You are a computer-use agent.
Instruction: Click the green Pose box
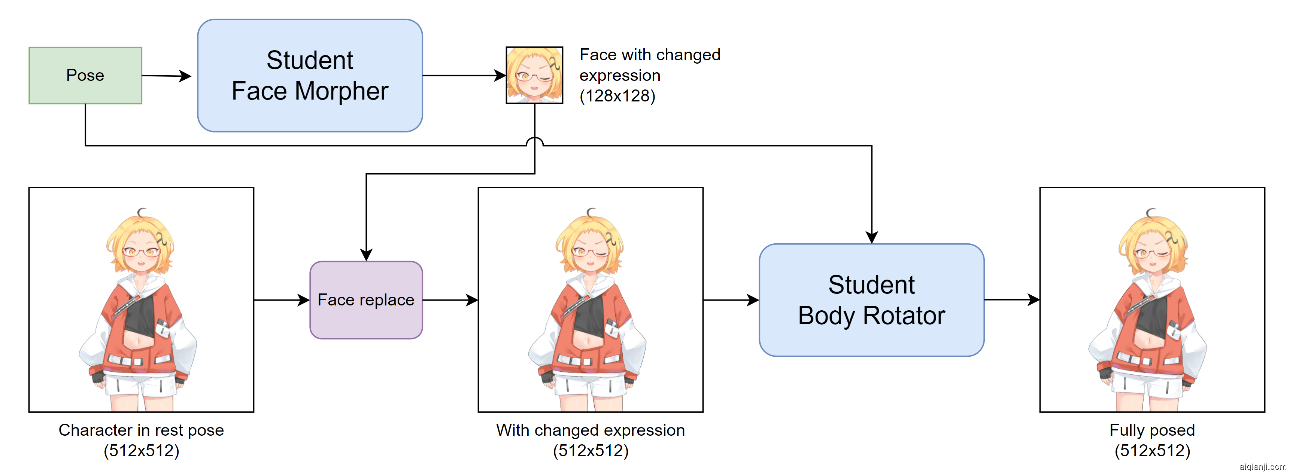coord(85,76)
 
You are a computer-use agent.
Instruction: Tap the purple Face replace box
coord(366,300)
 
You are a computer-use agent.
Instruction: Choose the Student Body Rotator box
coord(871,300)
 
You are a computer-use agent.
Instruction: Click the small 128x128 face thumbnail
coord(534,75)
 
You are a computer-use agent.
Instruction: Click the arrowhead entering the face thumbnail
coord(500,76)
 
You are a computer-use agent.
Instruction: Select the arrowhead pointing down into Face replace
coord(366,254)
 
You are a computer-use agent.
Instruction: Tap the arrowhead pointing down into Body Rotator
coord(872,237)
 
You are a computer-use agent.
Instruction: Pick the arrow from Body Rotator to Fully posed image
coord(1011,300)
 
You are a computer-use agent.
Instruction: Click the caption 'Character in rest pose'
coord(141,430)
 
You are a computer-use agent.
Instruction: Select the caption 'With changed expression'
coord(591,430)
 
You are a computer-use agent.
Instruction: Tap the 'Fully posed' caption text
coord(1152,430)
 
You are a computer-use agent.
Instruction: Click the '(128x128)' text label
coord(617,95)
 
